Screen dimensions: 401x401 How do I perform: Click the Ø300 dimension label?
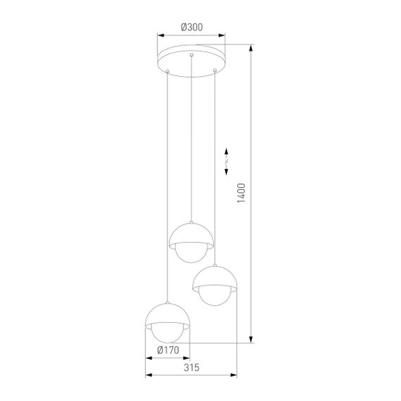[x=191, y=27]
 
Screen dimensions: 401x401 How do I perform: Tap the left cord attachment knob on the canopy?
[x=167, y=69]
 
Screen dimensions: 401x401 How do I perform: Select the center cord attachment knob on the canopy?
[x=191, y=54]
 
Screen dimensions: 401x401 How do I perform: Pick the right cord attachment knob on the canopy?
[x=215, y=69]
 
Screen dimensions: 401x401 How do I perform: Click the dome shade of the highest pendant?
[x=191, y=233]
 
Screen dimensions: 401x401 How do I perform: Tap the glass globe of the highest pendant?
[x=191, y=252]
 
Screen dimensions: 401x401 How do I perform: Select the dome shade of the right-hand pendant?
[x=215, y=276]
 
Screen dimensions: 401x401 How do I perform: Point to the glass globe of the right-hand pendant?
[x=215, y=295]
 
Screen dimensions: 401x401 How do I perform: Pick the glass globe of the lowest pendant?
[x=167, y=332]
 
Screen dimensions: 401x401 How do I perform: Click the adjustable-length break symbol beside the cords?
[x=227, y=161]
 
